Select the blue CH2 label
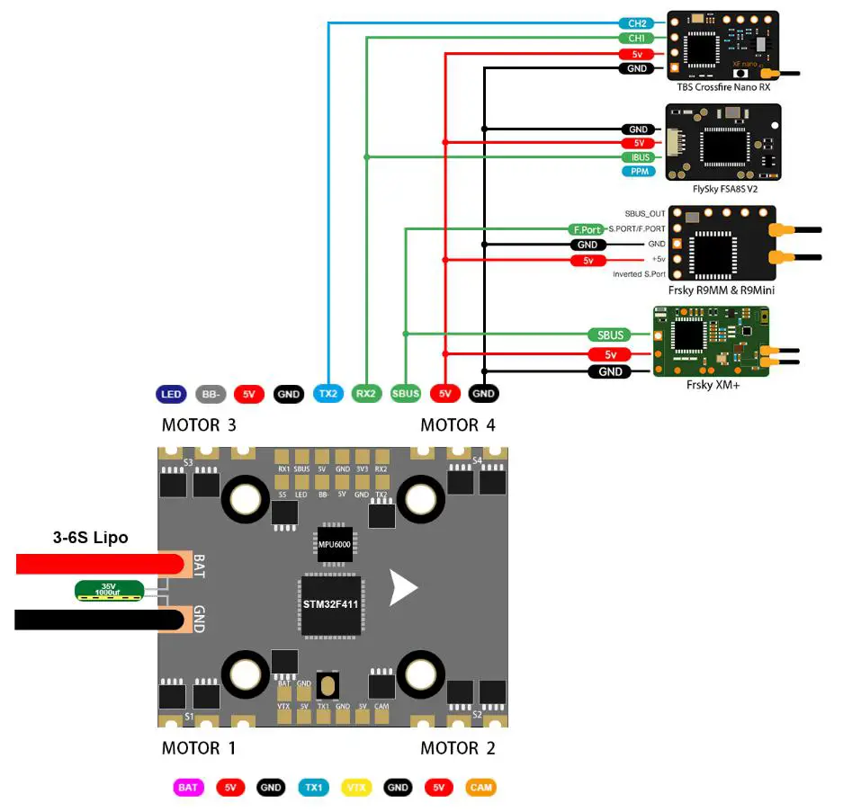click(636, 23)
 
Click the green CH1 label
click(636, 39)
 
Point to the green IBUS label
click(640, 157)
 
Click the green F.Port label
click(585, 229)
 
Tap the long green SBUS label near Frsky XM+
click(610, 335)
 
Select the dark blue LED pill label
click(171, 394)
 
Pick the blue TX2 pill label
click(327, 394)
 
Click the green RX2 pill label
click(366, 394)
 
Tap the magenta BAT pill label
click(188, 788)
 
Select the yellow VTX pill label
click(356, 788)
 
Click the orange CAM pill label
click(480, 788)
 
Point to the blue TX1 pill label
click(314, 788)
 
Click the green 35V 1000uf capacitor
click(108, 591)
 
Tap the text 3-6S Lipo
click(90, 538)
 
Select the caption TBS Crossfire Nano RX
click(723, 88)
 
